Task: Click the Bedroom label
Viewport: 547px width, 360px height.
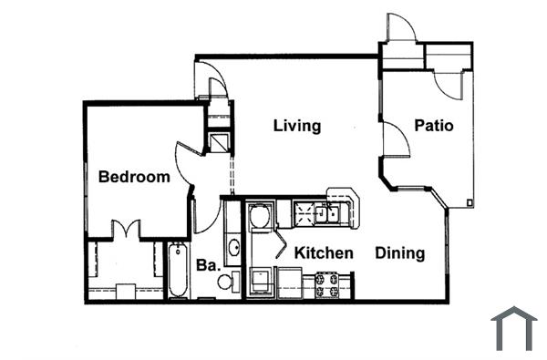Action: [134, 177]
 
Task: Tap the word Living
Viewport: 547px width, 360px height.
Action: [297, 126]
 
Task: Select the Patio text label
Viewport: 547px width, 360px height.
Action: [433, 126]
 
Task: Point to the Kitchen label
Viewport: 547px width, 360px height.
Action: [323, 252]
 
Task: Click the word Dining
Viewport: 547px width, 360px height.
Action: [400, 252]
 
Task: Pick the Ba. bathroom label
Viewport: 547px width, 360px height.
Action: [207, 265]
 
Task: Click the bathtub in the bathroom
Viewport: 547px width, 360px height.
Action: [178, 270]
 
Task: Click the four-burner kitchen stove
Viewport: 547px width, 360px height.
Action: [327, 284]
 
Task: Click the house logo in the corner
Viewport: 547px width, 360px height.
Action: [513, 328]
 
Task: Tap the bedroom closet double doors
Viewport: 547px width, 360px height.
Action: [125, 231]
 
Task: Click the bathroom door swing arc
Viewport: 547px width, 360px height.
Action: [206, 217]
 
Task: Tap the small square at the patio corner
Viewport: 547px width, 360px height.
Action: [470, 201]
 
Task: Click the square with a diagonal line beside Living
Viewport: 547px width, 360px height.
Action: [218, 142]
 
